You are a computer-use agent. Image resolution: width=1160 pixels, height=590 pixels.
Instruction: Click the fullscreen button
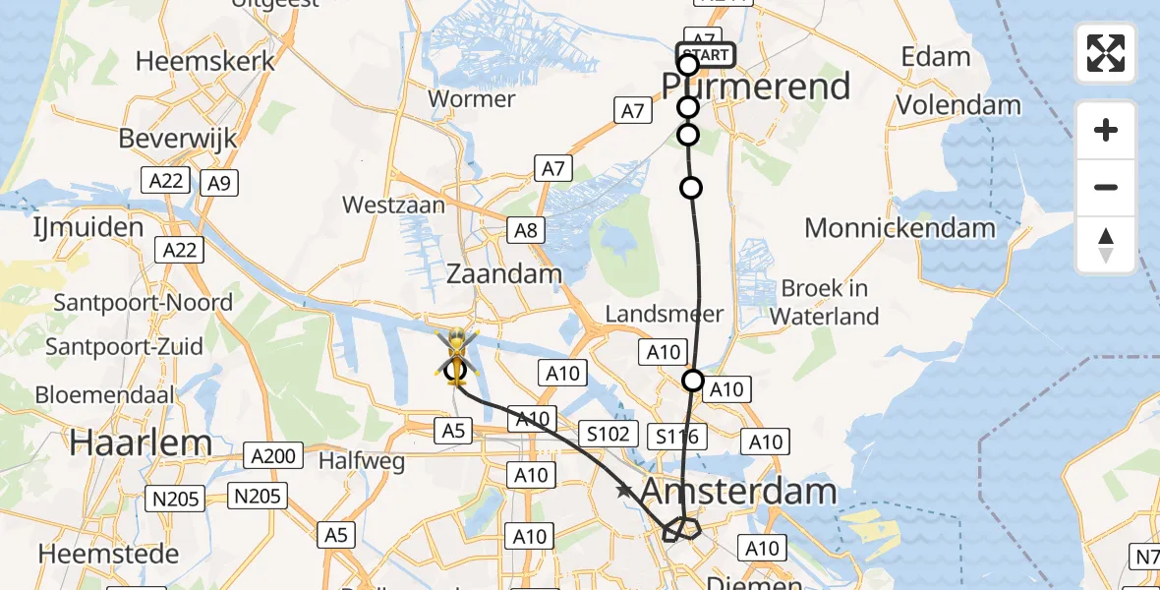tap(1106, 53)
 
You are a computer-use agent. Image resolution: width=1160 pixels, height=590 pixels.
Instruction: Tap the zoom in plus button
tap(1106, 130)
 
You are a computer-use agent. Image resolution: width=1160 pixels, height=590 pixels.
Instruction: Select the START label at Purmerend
tap(707, 55)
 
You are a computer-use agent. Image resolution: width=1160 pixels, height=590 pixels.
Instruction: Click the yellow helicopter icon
tap(456, 355)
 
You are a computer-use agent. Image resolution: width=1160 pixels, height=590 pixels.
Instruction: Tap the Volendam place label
tap(959, 104)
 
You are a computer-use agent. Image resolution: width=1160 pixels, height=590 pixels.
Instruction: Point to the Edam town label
tap(936, 57)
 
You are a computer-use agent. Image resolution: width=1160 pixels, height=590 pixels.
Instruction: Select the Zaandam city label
tap(504, 273)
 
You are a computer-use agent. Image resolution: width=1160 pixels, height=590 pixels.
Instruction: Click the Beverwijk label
tap(178, 138)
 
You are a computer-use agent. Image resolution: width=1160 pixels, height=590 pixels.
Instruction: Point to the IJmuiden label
tap(88, 228)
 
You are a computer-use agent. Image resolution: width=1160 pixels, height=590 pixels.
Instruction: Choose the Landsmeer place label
tap(665, 314)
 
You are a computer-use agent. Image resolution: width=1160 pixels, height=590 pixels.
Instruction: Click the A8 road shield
tap(526, 231)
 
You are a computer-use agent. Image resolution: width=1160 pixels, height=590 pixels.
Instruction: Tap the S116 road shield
tap(678, 437)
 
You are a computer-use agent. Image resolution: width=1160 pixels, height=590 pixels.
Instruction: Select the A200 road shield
tap(272, 455)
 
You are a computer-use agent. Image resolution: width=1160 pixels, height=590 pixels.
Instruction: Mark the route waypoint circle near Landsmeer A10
tap(693, 381)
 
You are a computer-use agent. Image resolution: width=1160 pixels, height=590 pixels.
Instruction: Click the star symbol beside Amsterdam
tap(623, 490)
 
